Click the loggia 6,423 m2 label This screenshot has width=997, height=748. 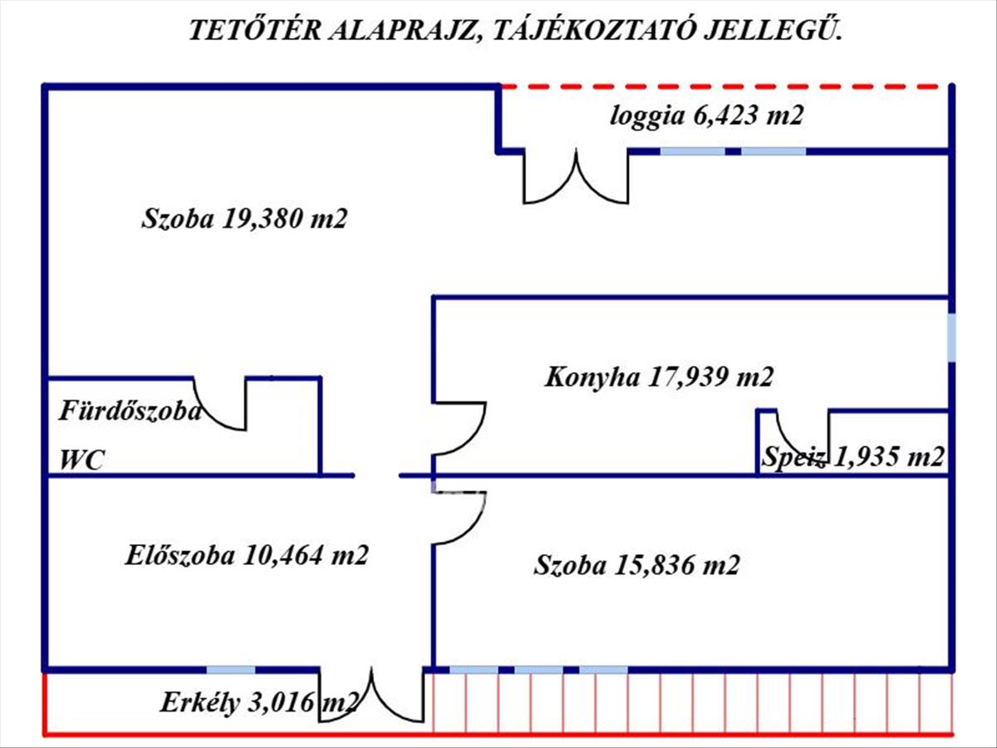pos(707,116)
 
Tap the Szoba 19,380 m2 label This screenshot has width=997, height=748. pos(243,219)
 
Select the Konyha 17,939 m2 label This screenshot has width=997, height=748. pos(659,377)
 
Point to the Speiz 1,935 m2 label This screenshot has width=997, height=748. pos(852,457)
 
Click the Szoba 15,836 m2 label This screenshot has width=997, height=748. pos(636,566)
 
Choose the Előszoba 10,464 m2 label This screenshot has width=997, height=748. pos(246,555)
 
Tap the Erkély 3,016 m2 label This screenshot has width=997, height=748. pos(258,704)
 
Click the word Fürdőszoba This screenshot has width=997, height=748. pos(129,411)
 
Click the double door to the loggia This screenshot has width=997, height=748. pos(575,179)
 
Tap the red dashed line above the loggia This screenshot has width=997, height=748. pos(723,86)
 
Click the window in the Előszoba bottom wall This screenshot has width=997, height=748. pos(231,670)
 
